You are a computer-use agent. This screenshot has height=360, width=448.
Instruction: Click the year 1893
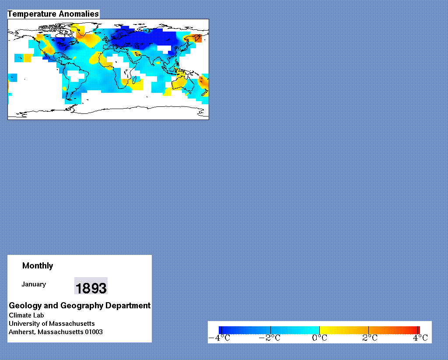coord(91,288)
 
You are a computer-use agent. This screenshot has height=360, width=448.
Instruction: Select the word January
coord(34,284)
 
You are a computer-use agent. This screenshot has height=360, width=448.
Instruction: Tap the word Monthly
coord(38,266)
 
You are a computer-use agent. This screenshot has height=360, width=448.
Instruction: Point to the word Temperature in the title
coord(31,14)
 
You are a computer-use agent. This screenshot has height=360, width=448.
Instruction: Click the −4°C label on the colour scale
coord(219,338)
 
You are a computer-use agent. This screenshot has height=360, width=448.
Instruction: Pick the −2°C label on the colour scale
coord(269,338)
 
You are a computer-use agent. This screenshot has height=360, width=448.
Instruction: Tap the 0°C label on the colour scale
coord(319,338)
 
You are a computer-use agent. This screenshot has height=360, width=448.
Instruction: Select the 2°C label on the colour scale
coord(370,338)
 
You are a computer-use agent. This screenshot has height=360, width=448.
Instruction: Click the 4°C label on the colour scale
coord(420,338)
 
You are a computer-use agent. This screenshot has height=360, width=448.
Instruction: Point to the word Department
coord(128,306)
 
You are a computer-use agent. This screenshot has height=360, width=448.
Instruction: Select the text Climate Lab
coord(26,315)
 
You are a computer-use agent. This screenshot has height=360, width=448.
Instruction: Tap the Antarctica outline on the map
coord(108,111)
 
